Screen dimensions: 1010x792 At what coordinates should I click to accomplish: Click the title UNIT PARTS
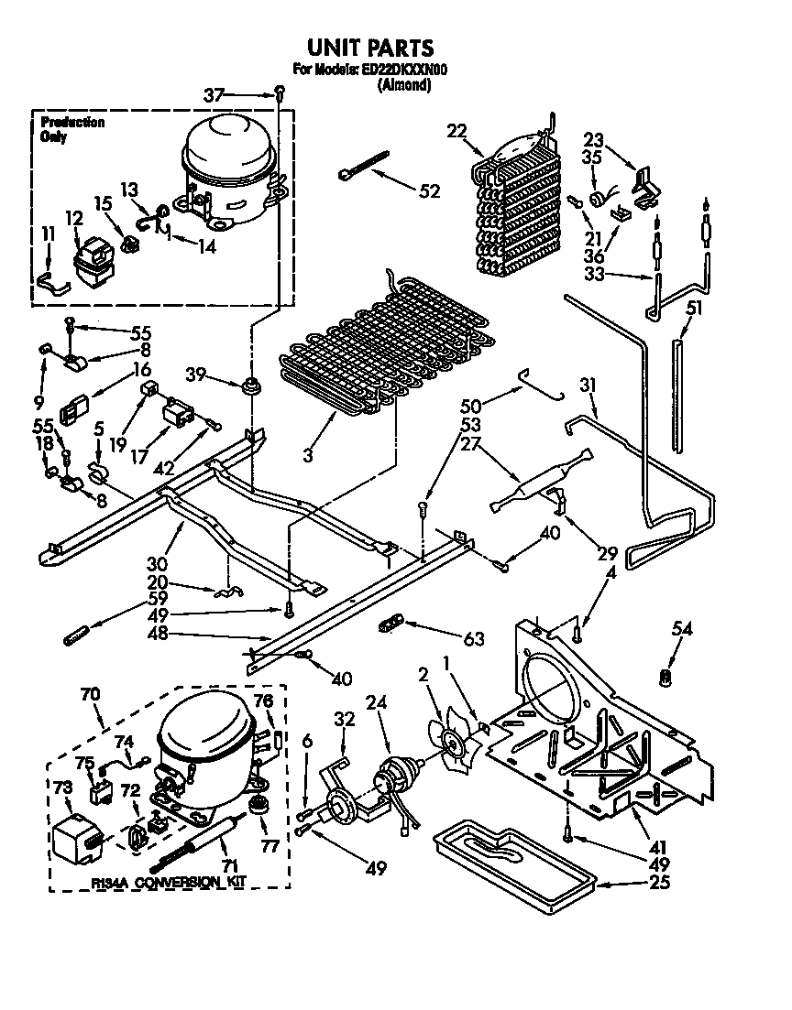[x=368, y=48]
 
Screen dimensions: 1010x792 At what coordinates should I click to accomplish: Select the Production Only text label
[x=71, y=129]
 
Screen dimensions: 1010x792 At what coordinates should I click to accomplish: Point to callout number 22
[x=457, y=131]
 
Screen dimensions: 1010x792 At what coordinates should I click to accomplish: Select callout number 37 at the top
[x=213, y=93]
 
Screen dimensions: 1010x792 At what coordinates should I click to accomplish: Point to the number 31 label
[x=587, y=386]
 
